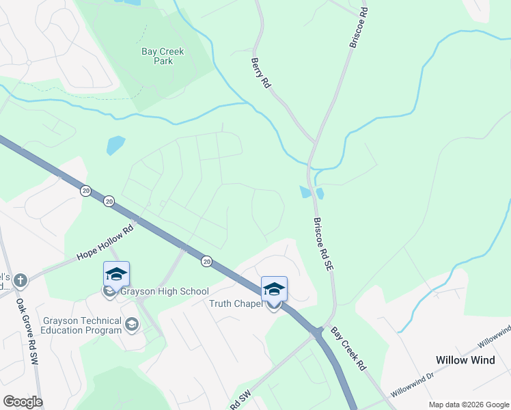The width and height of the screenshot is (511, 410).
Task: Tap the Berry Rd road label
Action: click(261, 72)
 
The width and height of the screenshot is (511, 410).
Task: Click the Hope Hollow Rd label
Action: click(105, 244)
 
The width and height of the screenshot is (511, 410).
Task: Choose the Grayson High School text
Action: click(164, 292)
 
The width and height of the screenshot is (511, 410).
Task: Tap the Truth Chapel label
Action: click(235, 304)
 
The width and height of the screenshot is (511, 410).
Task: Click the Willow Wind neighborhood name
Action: click(465, 360)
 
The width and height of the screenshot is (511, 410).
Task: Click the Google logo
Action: click(23, 402)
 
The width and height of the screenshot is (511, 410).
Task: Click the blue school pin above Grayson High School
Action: click(116, 275)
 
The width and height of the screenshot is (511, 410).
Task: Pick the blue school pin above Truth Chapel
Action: click(274, 289)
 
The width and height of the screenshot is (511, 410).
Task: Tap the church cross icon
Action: click(21, 279)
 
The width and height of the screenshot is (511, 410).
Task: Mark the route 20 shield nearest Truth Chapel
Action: click(206, 261)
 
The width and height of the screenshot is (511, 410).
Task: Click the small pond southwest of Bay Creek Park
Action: click(115, 146)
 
